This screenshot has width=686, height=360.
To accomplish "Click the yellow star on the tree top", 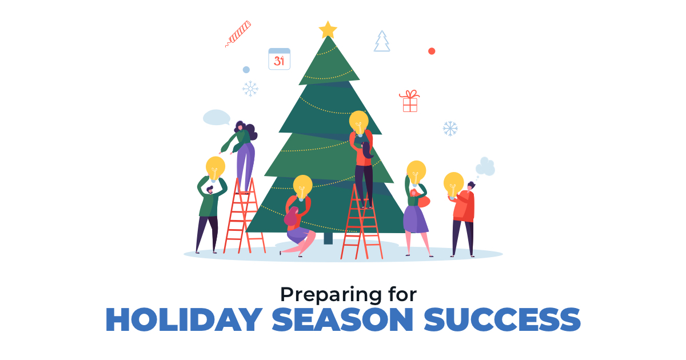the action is [x=328, y=30].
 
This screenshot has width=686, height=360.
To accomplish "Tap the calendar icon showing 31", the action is [x=279, y=59].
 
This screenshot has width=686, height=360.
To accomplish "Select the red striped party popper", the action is [x=238, y=34].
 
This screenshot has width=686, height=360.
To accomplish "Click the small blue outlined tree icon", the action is [x=382, y=41].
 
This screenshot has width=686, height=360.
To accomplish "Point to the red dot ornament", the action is [x=432, y=51].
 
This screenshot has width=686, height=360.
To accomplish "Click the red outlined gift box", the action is [x=409, y=101].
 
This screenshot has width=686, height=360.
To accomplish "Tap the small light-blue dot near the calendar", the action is [x=246, y=70].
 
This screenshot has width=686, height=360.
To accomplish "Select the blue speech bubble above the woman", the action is [x=216, y=118].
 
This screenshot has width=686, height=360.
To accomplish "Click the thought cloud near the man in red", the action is [x=485, y=167].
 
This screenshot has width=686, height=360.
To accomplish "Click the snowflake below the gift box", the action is [x=450, y=129].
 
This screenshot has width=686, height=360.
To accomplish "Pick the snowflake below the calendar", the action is [x=250, y=89].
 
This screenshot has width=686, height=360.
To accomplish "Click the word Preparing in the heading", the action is [x=331, y=295].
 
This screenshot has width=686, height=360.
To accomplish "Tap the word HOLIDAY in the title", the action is [x=184, y=319].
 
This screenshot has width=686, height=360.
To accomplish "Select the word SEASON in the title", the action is [x=342, y=319].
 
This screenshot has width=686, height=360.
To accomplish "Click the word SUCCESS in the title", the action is [x=502, y=319].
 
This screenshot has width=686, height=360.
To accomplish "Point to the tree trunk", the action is [x=328, y=238].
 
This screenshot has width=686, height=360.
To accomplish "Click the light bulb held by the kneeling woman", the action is [x=302, y=187].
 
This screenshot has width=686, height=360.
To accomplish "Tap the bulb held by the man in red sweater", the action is [x=453, y=185].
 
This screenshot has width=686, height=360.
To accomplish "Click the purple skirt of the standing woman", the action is [x=415, y=219].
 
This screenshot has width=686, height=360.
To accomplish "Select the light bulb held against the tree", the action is [x=359, y=123].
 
